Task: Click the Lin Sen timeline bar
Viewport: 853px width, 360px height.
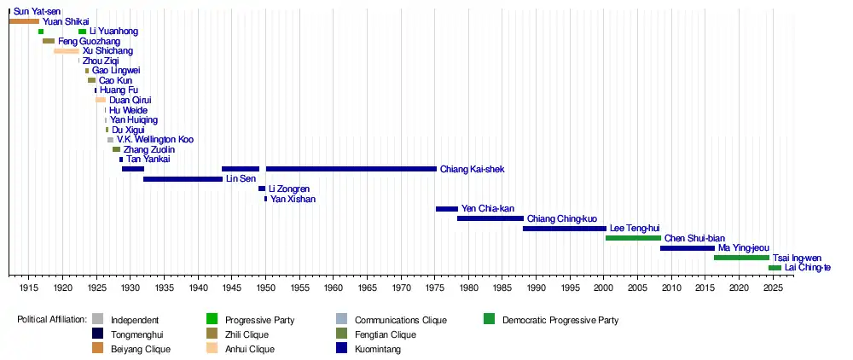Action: coord(183,179)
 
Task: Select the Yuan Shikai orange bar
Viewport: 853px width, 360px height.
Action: coord(24,21)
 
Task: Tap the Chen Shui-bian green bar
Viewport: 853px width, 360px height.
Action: coord(633,238)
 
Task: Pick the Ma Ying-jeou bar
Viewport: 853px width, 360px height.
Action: coord(688,248)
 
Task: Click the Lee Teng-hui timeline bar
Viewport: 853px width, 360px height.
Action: coord(565,229)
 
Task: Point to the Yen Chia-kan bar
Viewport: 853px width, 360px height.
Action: coord(447,209)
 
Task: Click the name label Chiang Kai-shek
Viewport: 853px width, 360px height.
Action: coord(473,169)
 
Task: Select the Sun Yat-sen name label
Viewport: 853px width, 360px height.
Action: coord(37,11)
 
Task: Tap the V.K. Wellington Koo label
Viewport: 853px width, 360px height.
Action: coord(155,140)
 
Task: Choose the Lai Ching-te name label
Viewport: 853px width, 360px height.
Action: coord(807,268)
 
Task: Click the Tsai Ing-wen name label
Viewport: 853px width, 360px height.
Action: coord(797,258)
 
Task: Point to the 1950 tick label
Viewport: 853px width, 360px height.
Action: coord(265,287)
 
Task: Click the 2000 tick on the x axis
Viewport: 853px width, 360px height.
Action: coord(604,276)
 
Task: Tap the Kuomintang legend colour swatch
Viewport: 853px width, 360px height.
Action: coord(342,349)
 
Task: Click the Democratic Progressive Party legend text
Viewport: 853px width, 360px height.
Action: coord(560,320)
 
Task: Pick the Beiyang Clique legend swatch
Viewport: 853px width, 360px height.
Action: coord(98,349)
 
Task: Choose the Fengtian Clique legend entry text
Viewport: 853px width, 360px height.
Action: coord(386,334)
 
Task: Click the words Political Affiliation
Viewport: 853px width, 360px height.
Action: coord(52,320)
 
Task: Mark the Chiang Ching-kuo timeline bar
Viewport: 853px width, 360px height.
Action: coord(490,218)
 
